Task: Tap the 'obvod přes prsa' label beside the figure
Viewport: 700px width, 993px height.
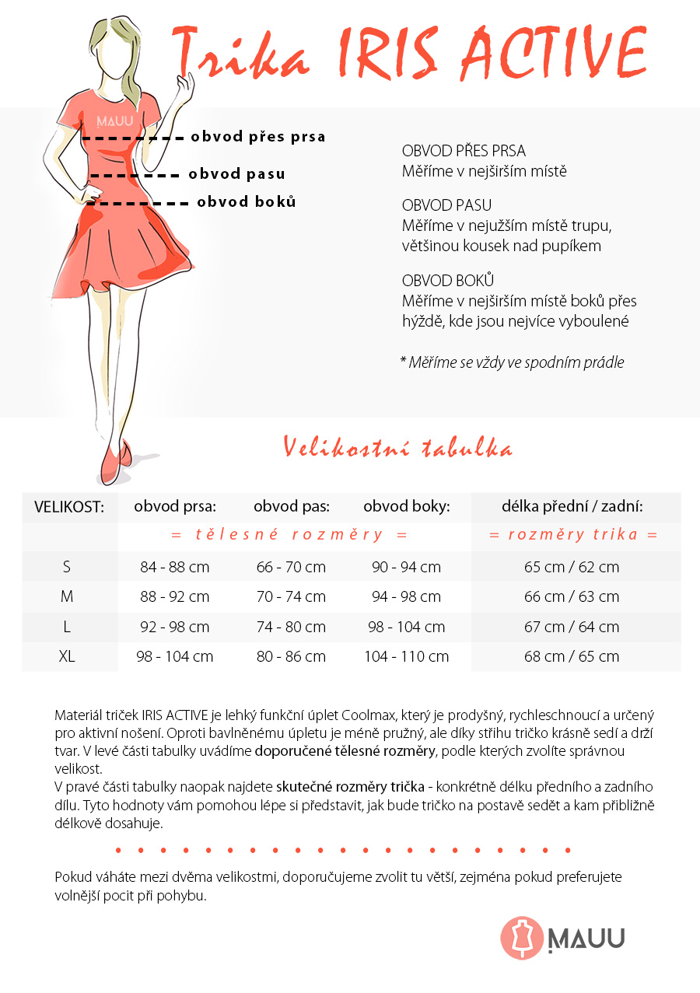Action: click(x=258, y=137)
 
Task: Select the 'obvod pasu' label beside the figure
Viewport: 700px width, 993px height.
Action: click(x=236, y=174)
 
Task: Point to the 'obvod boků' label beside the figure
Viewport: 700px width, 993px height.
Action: click(x=247, y=202)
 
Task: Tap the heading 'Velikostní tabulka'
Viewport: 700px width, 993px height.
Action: click(x=397, y=449)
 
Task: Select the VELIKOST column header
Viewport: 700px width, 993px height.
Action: click(x=69, y=507)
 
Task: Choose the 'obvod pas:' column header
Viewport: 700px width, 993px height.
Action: click(x=292, y=507)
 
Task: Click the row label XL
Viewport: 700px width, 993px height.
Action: click(x=67, y=656)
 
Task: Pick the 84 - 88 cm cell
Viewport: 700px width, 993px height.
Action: click(x=175, y=567)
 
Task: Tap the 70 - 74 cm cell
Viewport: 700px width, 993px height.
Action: click(x=291, y=596)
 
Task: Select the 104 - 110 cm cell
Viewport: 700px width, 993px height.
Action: click(x=406, y=656)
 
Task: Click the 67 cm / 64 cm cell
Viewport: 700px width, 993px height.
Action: click(x=572, y=627)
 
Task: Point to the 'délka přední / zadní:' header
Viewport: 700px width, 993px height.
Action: click(x=572, y=507)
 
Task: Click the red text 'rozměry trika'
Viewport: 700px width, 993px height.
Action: click(x=573, y=535)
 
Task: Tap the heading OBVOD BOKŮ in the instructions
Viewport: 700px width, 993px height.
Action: click(x=448, y=281)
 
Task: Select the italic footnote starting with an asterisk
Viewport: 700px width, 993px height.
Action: click(x=512, y=362)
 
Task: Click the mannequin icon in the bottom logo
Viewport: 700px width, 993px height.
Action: click(x=521, y=938)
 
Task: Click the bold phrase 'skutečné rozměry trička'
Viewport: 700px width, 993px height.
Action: click(x=350, y=786)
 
